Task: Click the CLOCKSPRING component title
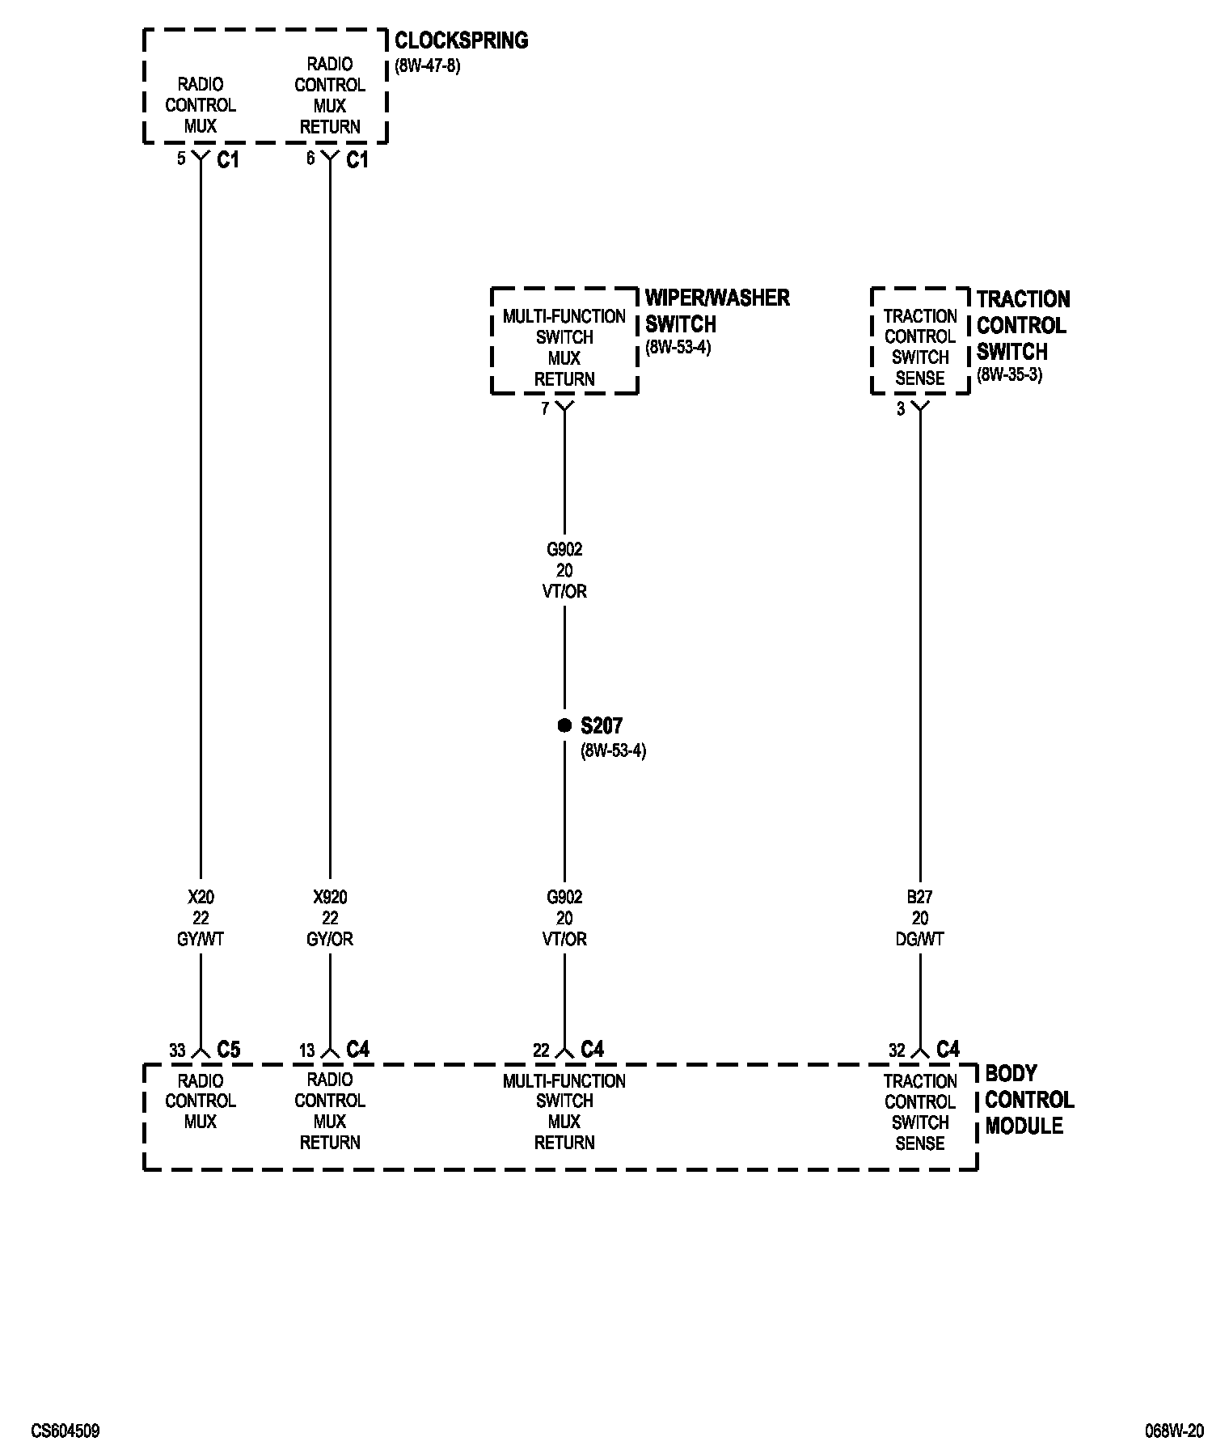[x=461, y=40]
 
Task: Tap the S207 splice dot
[x=564, y=725]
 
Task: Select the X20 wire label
[x=201, y=897]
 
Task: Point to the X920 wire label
[x=330, y=897]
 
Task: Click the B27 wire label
[x=919, y=897]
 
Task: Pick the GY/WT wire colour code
[x=201, y=939]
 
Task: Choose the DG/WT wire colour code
[x=919, y=939]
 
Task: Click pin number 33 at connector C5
[x=177, y=1050]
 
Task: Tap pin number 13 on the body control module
[x=306, y=1050]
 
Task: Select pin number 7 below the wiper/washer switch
[x=545, y=409]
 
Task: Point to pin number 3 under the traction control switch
[x=901, y=409]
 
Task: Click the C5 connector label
[x=229, y=1050]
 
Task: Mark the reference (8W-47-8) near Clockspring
[x=428, y=66]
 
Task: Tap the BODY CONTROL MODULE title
[x=1028, y=1100]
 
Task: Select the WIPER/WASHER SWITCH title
[x=716, y=311]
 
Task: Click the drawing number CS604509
[x=65, y=1431]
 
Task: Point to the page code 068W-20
[x=1174, y=1431]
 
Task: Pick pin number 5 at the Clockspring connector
[x=182, y=159]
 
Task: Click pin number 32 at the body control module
[x=897, y=1050]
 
